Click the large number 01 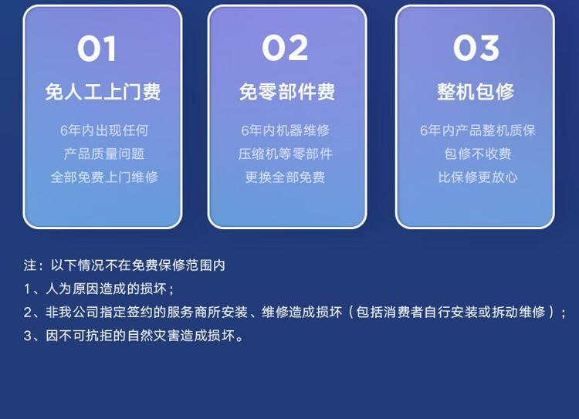[x=97, y=49]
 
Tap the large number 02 [x=285, y=48]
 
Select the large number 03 [x=476, y=48]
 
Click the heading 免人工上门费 [x=103, y=92]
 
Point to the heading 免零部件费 [x=287, y=92]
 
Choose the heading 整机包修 [x=476, y=92]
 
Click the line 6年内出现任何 [x=104, y=130]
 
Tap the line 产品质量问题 [x=103, y=154]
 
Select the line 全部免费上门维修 [x=104, y=177]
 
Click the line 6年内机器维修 [x=286, y=130]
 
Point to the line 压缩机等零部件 [x=285, y=154]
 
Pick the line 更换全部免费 [x=285, y=177]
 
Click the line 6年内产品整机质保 [x=477, y=130]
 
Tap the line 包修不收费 [x=478, y=154]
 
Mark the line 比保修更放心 [x=478, y=177]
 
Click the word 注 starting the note [x=30, y=265]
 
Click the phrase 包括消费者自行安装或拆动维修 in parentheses [x=451, y=313]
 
